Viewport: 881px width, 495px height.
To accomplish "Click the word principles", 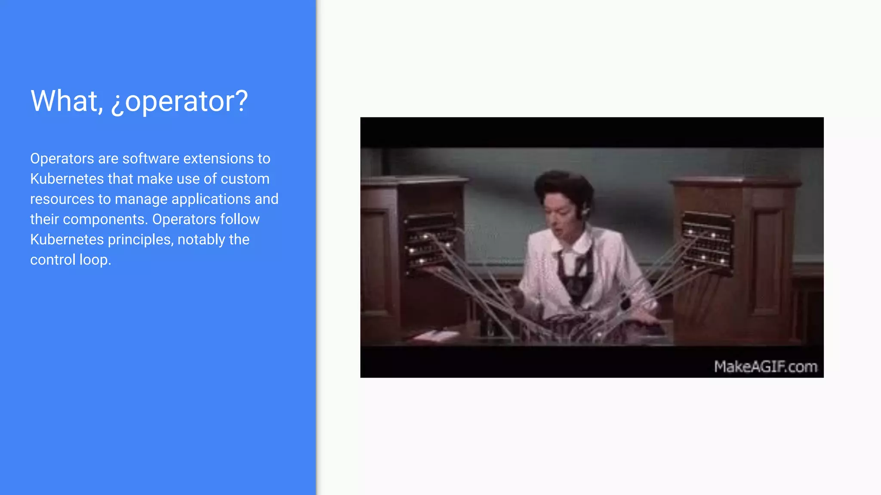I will click(x=141, y=240).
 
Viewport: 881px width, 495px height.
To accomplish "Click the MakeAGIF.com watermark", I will click(x=765, y=367).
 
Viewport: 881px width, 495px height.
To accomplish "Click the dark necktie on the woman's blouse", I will click(x=574, y=275).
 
